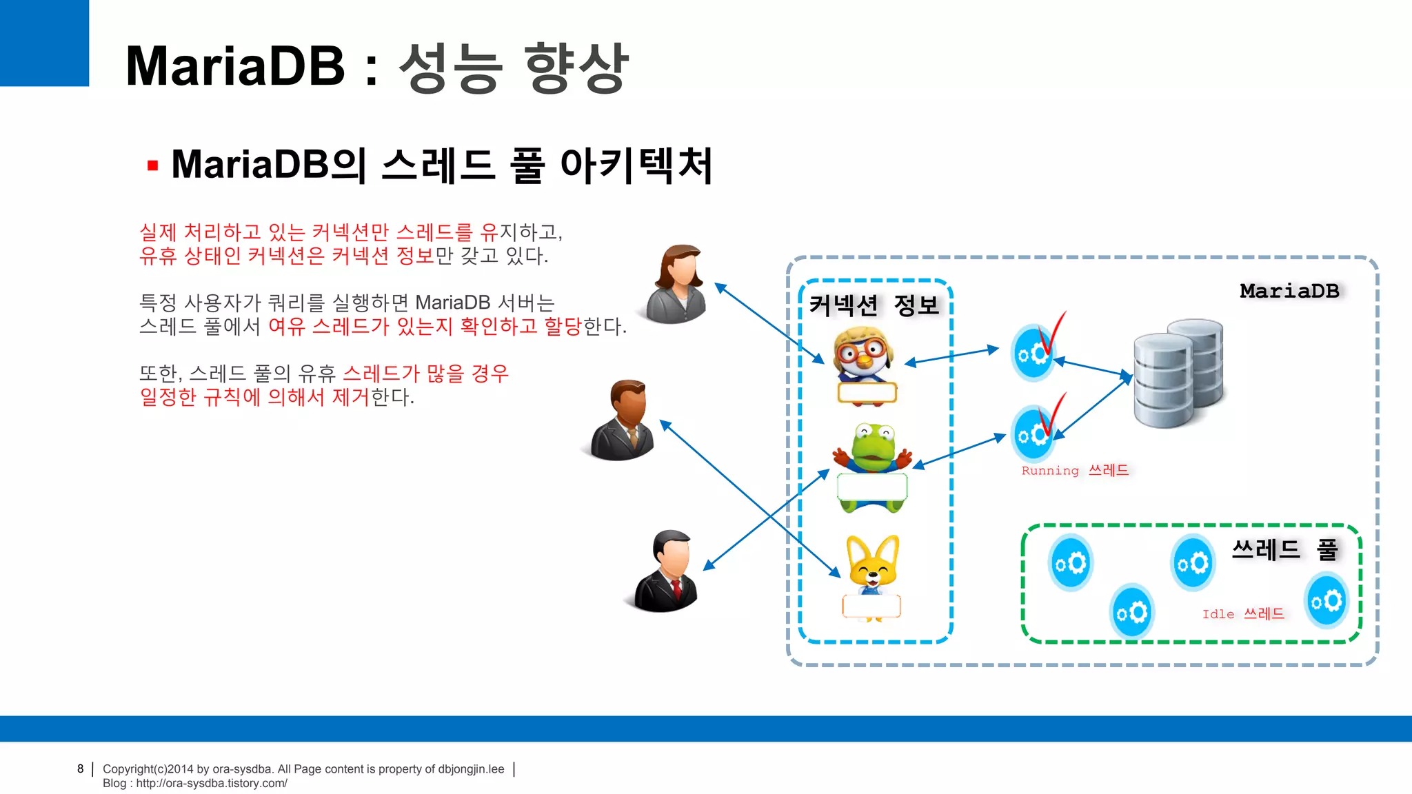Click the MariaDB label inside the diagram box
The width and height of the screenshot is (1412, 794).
tap(1289, 291)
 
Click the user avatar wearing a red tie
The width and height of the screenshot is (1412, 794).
tap(666, 572)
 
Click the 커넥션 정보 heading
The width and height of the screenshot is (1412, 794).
tap(874, 305)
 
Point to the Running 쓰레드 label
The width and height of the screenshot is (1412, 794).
tap(1075, 471)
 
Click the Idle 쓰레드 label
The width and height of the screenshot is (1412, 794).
tap(1243, 614)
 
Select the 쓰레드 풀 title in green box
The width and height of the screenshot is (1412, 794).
tap(1284, 550)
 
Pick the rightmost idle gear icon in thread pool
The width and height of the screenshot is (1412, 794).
tap(1327, 601)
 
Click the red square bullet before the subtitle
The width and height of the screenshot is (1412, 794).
tap(153, 165)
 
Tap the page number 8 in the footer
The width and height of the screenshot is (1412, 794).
tap(81, 769)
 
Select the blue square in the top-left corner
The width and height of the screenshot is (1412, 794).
tap(44, 43)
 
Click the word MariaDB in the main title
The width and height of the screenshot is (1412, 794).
tap(235, 66)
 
